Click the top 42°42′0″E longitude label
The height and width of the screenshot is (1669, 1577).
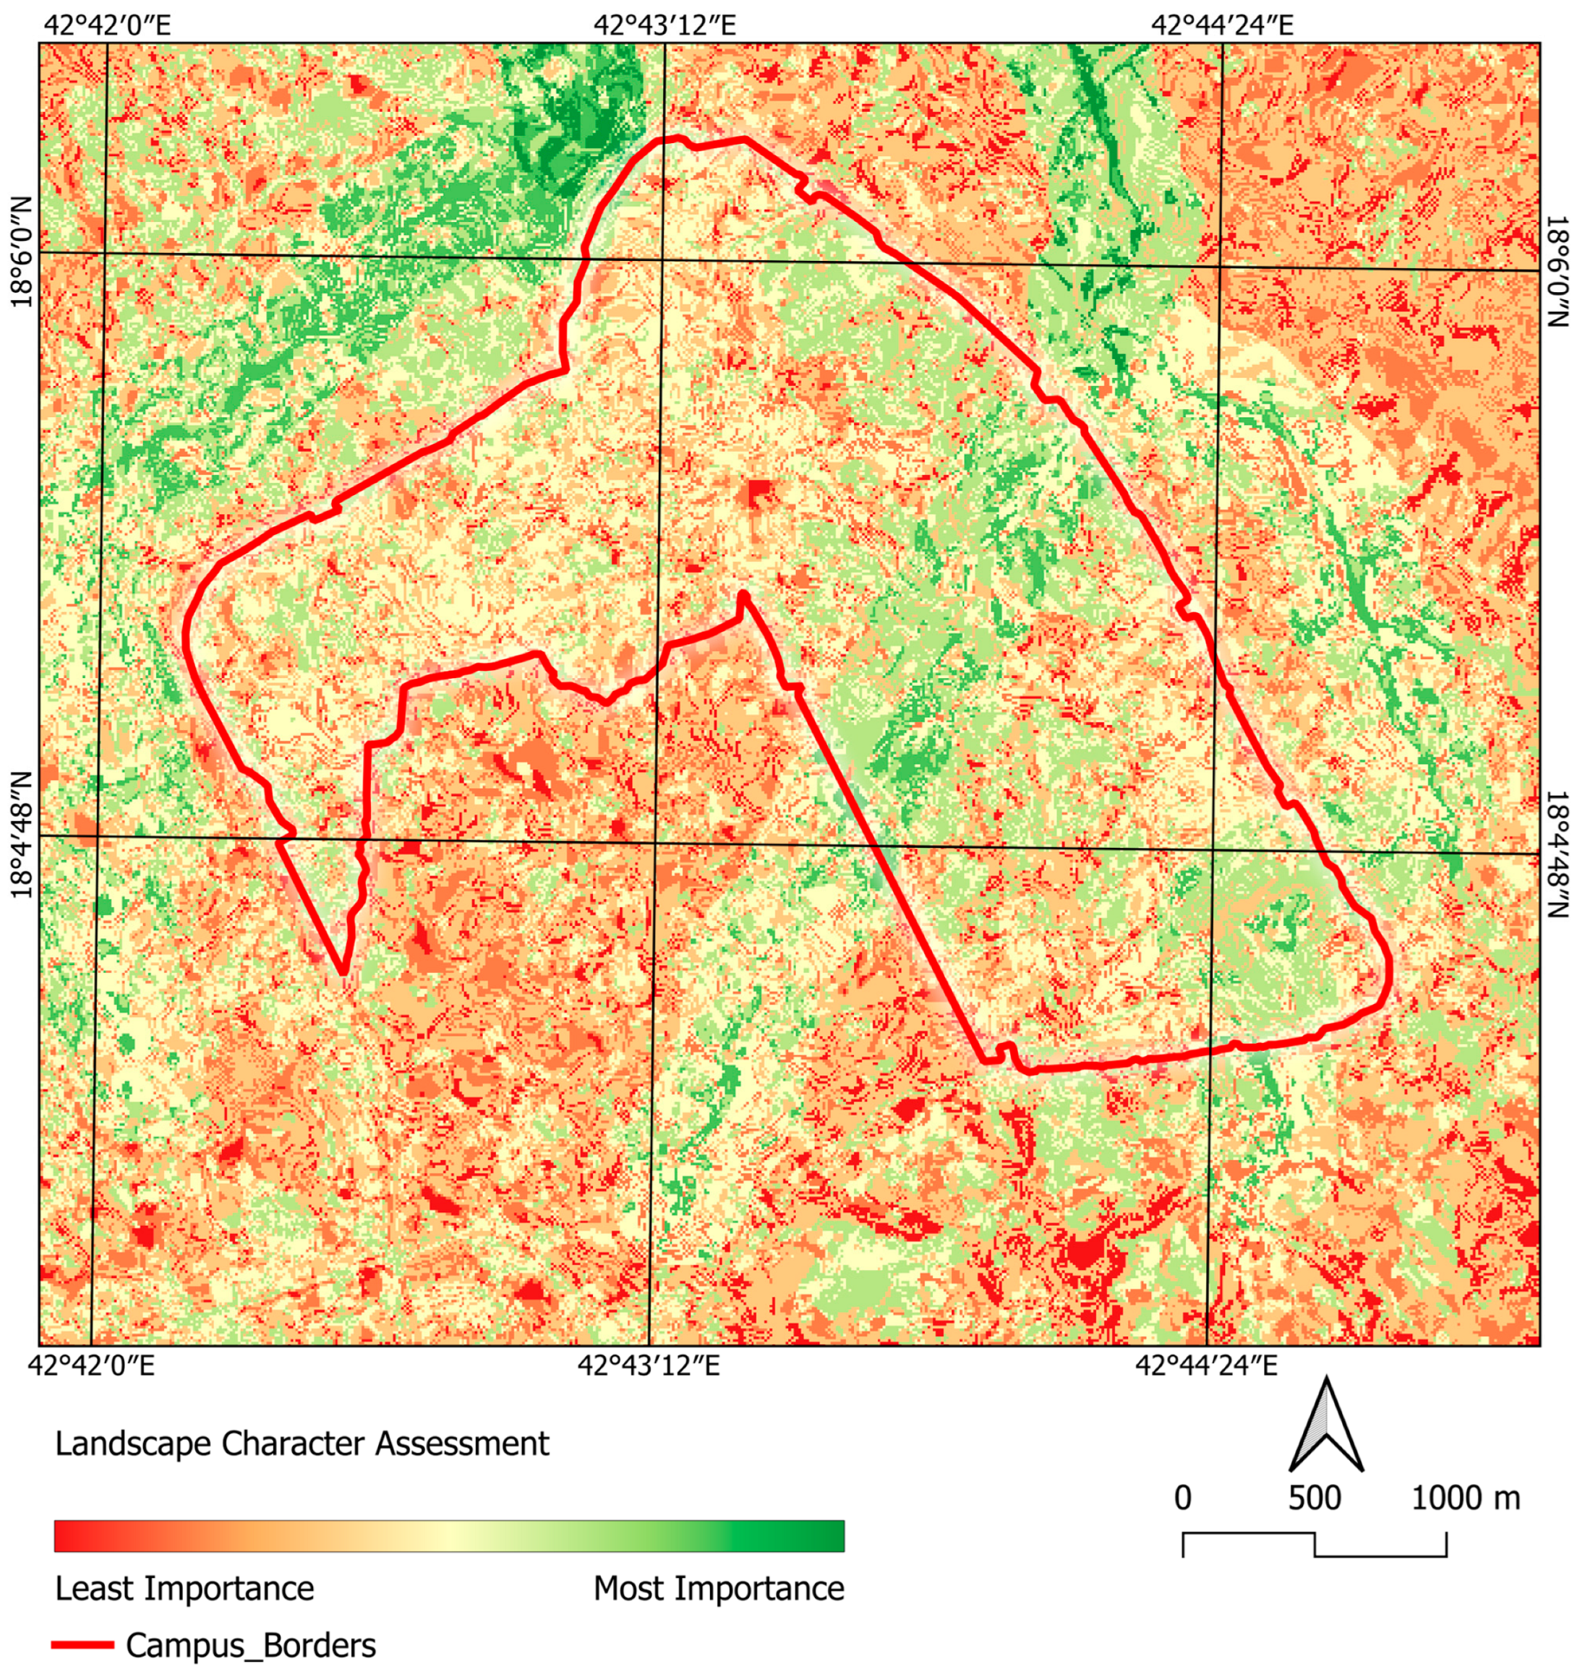[105, 25]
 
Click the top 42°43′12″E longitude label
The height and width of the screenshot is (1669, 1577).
[664, 25]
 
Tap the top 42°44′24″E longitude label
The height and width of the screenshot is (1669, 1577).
[1221, 25]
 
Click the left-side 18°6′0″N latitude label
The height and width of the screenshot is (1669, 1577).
[20, 252]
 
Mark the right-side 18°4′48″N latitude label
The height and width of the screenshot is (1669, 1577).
[1557, 854]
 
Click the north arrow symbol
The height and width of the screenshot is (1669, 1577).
[1327, 1427]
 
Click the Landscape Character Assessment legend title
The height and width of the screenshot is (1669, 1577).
[302, 1443]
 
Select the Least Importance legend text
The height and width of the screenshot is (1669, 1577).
[184, 1589]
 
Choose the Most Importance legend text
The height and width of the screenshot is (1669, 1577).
[719, 1589]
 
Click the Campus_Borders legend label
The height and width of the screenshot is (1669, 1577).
[250, 1645]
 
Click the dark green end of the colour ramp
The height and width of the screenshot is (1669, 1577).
[828, 1535]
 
